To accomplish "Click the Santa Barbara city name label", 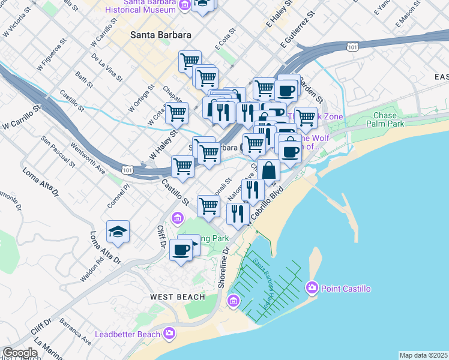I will pos(161,35).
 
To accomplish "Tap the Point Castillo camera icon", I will pos(312,289).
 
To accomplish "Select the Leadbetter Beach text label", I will pos(128,334).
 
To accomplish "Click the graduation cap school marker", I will pos(118,232).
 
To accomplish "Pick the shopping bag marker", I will pos(268,170).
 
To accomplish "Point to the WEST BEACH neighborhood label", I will pos(173,297).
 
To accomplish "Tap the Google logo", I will pos(20,353).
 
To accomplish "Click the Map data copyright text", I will pos(423,355).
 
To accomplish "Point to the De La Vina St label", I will pos(107,68).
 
